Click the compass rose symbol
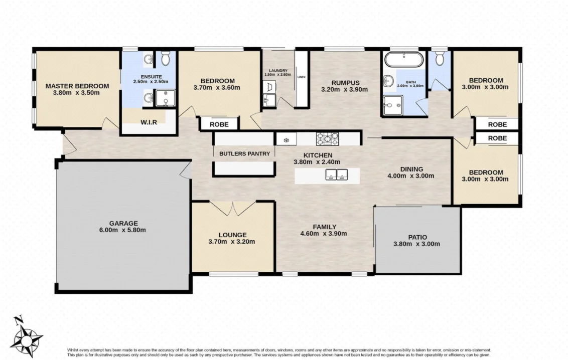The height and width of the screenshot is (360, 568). [x=26, y=336]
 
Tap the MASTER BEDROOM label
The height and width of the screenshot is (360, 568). [x=77, y=86]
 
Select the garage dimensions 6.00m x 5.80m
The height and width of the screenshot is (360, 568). [x=123, y=230]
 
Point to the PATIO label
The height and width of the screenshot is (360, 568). [x=416, y=237]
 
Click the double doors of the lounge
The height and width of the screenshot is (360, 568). [x=233, y=208]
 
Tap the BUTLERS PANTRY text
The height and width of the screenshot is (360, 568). [x=244, y=154]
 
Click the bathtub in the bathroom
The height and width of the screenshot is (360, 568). [x=404, y=61]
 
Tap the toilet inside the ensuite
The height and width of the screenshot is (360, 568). [x=166, y=60]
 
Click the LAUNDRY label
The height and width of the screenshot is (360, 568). [x=277, y=71]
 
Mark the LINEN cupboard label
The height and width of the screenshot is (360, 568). [x=301, y=77]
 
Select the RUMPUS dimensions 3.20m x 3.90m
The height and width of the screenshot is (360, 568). [x=344, y=90]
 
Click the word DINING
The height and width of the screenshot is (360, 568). [x=411, y=169]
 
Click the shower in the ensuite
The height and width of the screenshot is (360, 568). [x=165, y=98]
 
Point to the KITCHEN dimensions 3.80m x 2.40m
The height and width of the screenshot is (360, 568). [x=317, y=162]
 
